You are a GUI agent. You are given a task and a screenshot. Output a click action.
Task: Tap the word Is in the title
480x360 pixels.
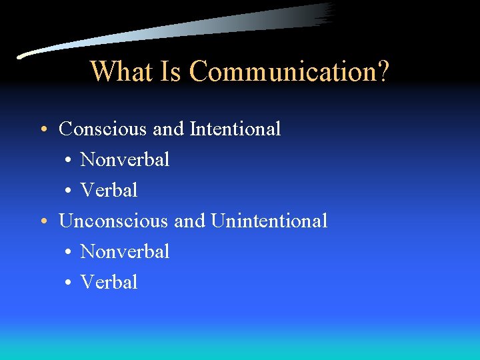tap(172, 71)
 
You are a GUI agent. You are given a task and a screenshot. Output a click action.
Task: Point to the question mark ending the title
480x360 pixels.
tap(382, 71)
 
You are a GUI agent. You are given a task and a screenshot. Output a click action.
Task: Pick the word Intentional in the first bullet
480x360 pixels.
tap(235, 129)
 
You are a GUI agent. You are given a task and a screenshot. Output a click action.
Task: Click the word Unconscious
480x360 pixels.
tap(113, 221)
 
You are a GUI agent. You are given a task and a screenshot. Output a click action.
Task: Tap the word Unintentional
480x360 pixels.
tap(269, 221)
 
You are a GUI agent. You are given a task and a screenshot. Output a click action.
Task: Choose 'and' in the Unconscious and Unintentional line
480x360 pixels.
tap(189, 221)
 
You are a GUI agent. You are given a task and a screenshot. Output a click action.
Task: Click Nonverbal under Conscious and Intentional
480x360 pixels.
tap(125, 159)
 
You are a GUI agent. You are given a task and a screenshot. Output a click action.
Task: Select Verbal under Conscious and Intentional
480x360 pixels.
tap(109, 190)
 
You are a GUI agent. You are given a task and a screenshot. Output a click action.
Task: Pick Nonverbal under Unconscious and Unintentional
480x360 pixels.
tap(125, 251)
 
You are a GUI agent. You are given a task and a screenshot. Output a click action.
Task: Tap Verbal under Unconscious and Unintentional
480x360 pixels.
tap(109, 282)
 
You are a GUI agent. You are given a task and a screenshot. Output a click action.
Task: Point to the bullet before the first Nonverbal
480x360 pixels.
tap(69, 160)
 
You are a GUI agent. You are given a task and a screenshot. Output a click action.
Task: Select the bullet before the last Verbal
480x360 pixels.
tap(69, 283)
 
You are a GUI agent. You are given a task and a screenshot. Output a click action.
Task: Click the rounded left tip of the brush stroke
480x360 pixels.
tap(20, 56)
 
